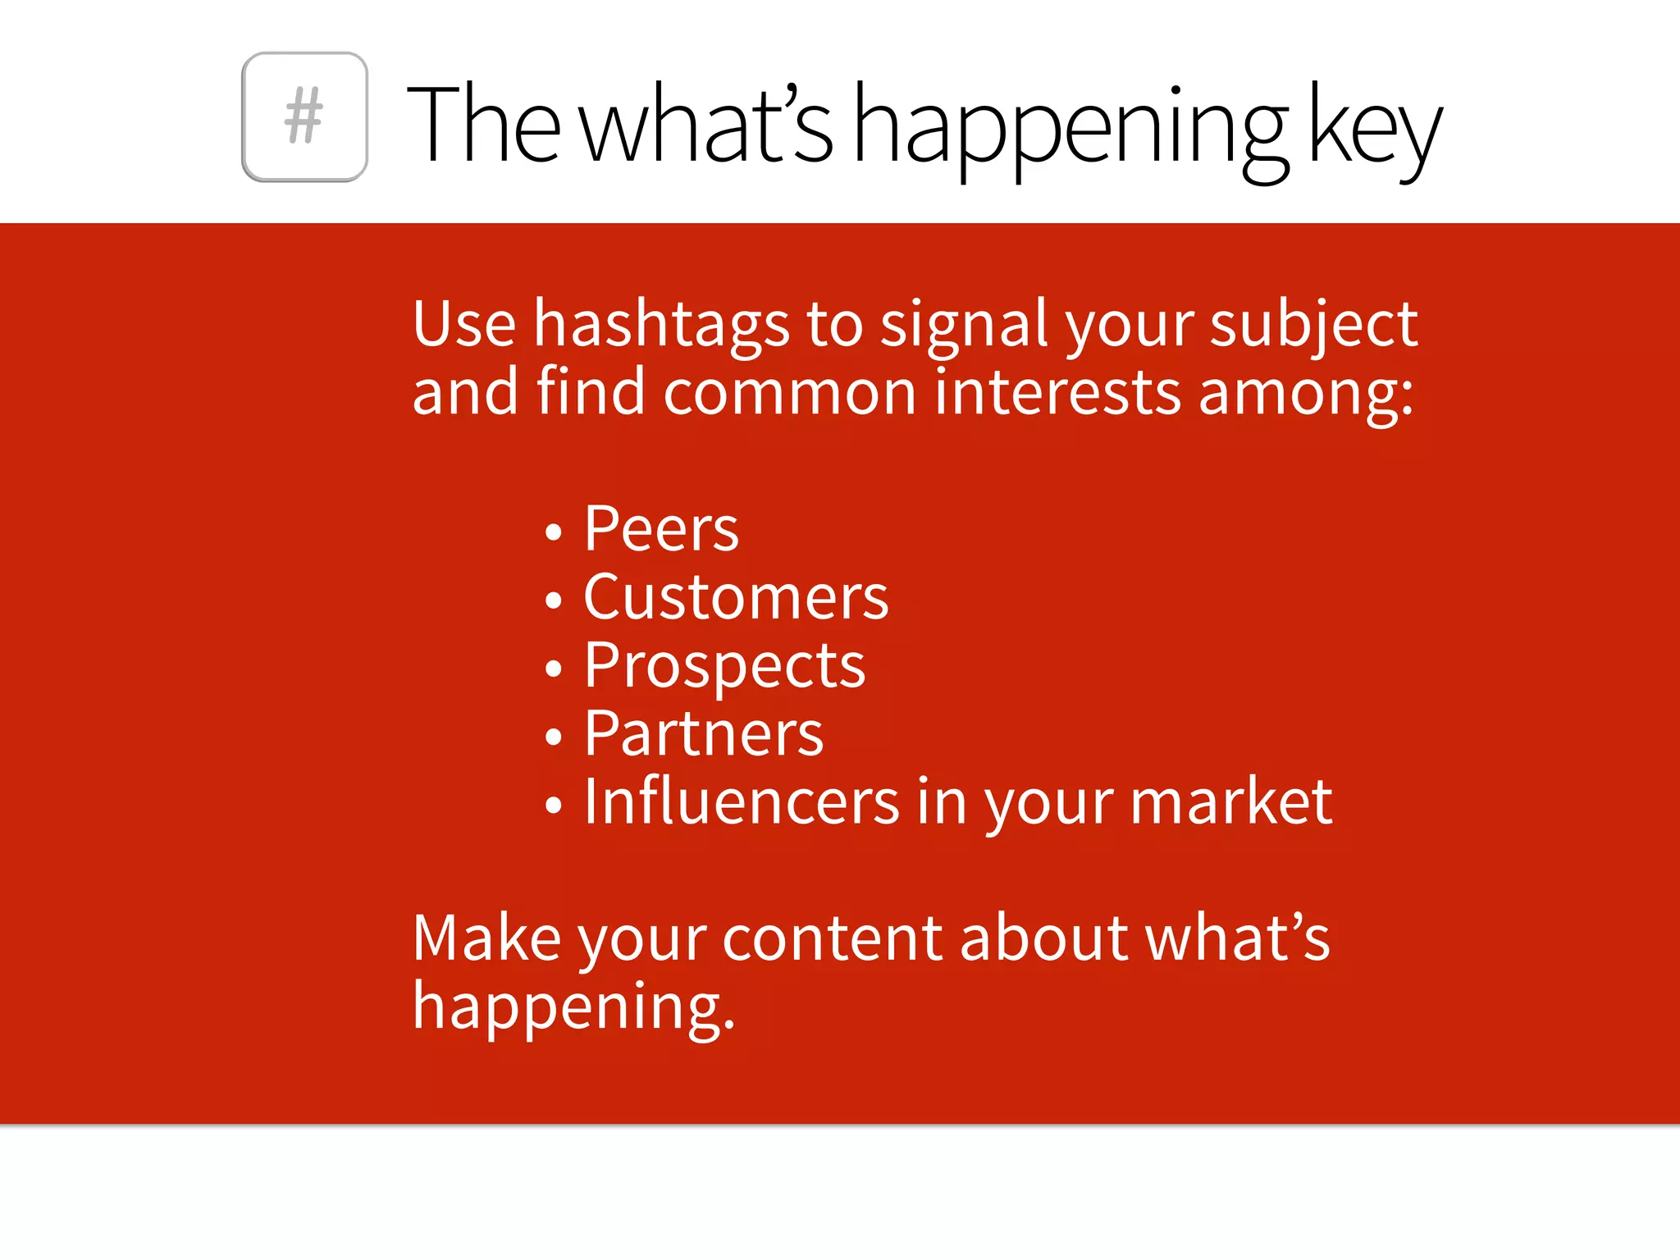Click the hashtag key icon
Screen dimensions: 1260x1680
pyautogui.click(x=304, y=116)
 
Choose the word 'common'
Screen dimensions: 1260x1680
pyautogui.click(x=789, y=393)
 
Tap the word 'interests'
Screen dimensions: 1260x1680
pyautogui.click(x=1057, y=393)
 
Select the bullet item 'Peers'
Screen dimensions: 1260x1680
pyautogui.click(x=661, y=529)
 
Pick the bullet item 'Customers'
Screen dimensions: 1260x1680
pyautogui.click(x=736, y=597)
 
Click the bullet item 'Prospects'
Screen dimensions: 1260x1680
pyautogui.click(x=724, y=666)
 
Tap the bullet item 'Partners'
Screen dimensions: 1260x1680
pyautogui.click(x=703, y=733)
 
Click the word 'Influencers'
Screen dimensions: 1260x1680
pyautogui.click(x=742, y=801)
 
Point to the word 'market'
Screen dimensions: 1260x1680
pyautogui.click(x=1230, y=801)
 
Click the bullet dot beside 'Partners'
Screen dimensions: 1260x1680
pyautogui.click(x=554, y=737)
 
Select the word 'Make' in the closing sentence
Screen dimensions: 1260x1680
pyautogui.click(x=486, y=938)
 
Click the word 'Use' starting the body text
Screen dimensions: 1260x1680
pyautogui.click(x=463, y=323)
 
